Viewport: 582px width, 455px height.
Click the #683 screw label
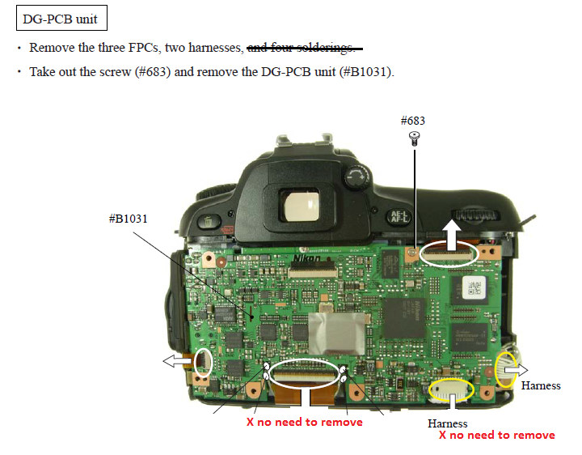(x=413, y=121)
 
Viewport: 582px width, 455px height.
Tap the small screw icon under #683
(x=414, y=138)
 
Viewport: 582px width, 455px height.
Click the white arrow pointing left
(x=175, y=359)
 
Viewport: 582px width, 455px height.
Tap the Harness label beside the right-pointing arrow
(x=540, y=385)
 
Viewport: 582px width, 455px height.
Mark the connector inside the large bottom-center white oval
(x=305, y=373)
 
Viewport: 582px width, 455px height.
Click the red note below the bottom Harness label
(x=496, y=436)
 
